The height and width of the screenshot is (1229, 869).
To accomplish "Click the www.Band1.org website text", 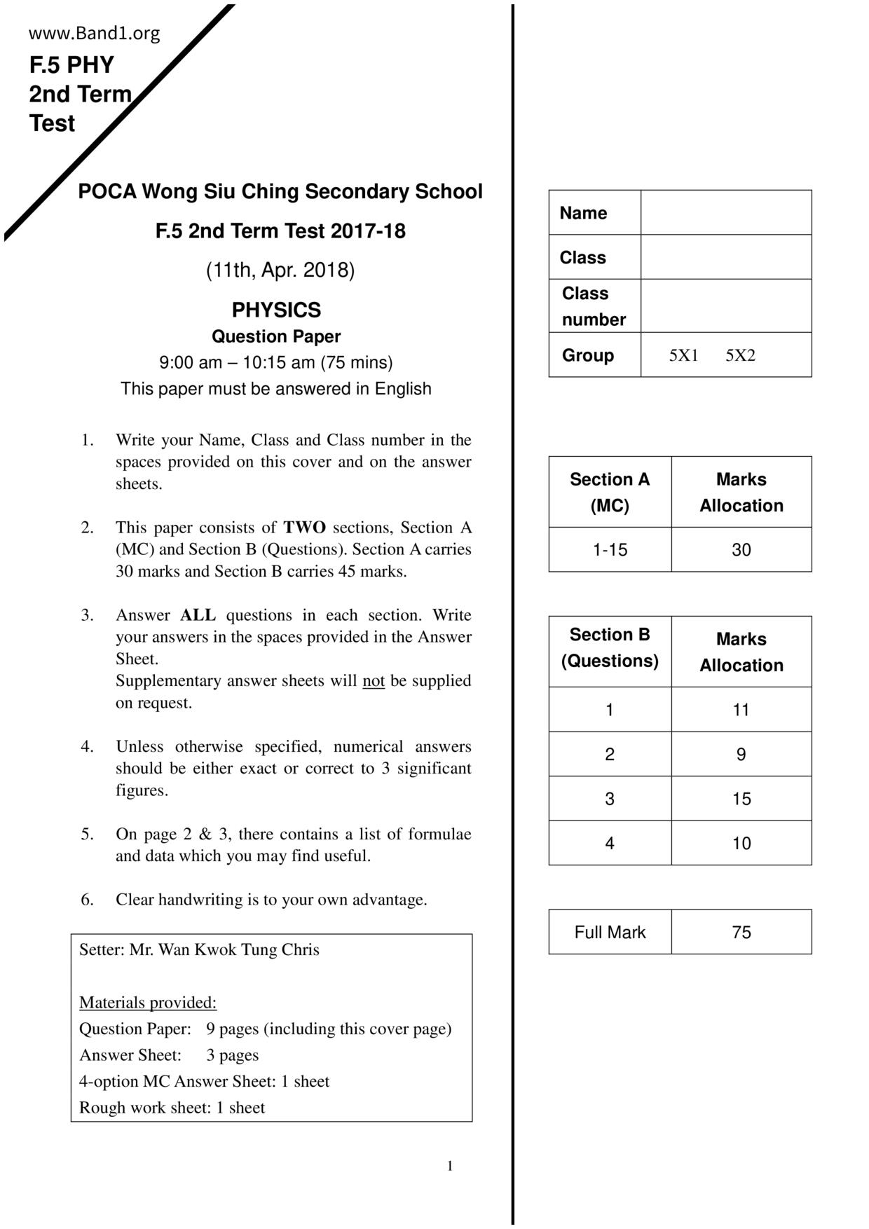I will (x=95, y=33).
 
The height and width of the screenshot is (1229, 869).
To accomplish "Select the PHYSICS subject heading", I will (x=276, y=310).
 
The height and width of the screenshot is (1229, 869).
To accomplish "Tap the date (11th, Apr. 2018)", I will (x=280, y=270).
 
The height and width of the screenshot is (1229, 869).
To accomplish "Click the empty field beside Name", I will (x=726, y=212).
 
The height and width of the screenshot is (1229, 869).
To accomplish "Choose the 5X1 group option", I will (x=683, y=355).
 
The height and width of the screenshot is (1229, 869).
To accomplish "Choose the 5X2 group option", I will (x=740, y=355).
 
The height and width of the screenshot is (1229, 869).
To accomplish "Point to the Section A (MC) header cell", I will (x=610, y=492).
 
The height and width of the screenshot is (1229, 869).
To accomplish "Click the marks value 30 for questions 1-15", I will (x=741, y=550).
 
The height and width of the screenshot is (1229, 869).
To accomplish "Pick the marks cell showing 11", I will (x=741, y=710).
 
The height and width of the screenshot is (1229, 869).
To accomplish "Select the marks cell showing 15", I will (x=741, y=799).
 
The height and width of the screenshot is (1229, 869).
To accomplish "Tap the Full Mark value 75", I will (x=741, y=932).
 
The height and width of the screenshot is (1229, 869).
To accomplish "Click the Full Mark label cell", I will (x=610, y=932).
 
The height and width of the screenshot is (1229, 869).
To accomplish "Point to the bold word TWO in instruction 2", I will (x=304, y=528).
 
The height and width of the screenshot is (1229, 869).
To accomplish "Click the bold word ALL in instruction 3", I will (x=198, y=615).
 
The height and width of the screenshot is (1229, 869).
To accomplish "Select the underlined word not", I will (x=373, y=681).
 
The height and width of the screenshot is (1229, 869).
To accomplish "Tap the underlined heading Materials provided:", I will (x=148, y=1003).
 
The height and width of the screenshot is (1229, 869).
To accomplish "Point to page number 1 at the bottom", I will (x=450, y=1166).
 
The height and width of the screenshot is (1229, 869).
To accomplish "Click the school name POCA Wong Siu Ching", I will (x=280, y=191).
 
